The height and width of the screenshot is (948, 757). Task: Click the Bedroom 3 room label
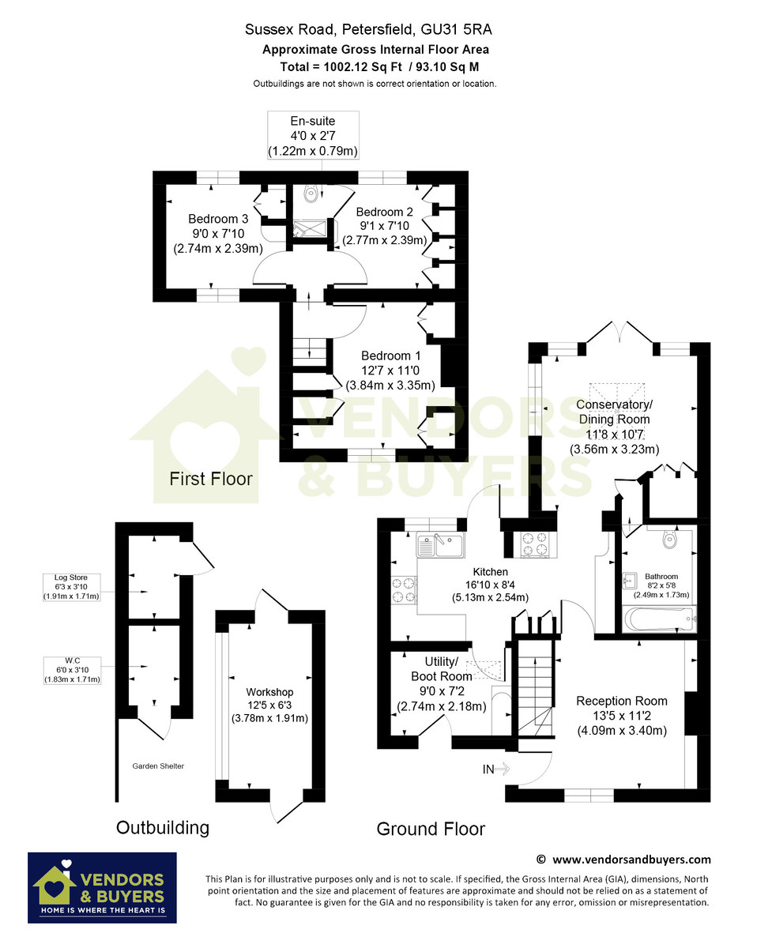tap(218, 234)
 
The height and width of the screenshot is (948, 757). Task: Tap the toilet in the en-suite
tap(311, 194)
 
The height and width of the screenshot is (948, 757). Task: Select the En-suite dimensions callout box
tap(313, 135)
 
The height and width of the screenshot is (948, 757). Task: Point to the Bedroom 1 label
tap(390, 371)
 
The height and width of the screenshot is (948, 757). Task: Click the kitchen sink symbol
tap(440, 545)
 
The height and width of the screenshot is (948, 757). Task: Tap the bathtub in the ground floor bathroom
tap(659, 619)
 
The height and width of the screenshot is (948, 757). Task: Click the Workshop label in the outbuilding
tap(269, 705)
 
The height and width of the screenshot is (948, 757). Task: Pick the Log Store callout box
tap(71, 587)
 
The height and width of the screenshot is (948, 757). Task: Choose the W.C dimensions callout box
tap(72, 671)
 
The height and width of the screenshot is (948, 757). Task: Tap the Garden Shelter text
tap(158, 766)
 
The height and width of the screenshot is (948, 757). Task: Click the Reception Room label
tap(622, 716)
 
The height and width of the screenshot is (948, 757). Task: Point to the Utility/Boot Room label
tap(442, 684)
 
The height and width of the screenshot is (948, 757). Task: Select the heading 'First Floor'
tap(211, 479)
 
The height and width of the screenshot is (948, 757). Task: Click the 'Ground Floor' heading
tap(431, 829)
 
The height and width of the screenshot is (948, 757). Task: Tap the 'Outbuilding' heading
tap(163, 828)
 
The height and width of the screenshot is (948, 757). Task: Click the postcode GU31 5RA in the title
tap(457, 29)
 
